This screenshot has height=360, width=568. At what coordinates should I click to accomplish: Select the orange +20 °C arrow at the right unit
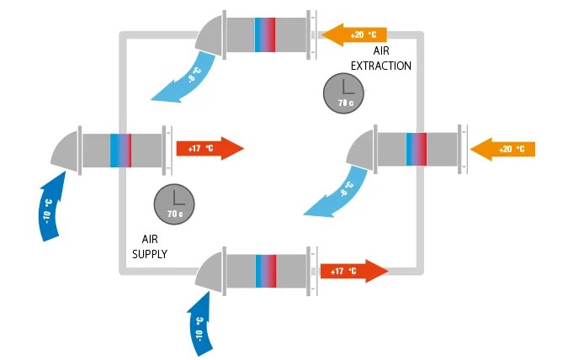pyautogui.click(x=502, y=150)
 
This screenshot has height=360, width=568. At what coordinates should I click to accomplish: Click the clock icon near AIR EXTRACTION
pyautogui.click(x=343, y=93)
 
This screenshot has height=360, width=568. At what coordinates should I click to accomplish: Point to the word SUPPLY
pyautogui.click(x=151, y=253)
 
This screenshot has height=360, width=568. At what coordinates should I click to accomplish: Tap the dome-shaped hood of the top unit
pyautogui.click(x=208, y=34)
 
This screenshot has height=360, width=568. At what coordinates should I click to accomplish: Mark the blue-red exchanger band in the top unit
pyautogui.click(x=265, y=33)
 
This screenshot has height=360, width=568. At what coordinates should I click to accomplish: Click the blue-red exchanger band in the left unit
pyautogui.click(x=121, y=150)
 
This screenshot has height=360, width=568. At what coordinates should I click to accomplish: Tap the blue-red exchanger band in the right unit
pyautogui.click(x=417, y=150)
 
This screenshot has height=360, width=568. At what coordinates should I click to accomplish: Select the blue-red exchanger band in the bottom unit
pyautogui.click(x=265, y=270)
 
